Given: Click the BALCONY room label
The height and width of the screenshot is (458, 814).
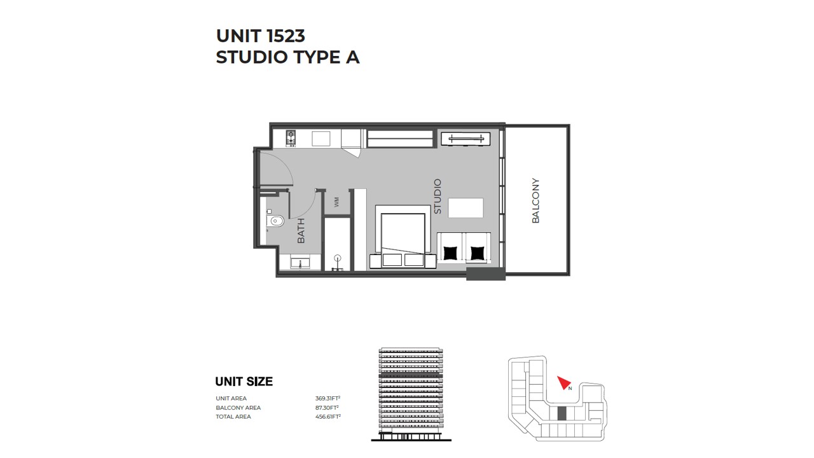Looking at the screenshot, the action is (x=535, y=200).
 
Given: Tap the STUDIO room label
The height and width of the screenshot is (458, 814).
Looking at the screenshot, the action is (x=438, y=197).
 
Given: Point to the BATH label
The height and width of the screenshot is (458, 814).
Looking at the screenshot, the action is (x=301, y=231).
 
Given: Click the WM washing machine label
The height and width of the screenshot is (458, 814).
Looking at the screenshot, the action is (x=336, y=202).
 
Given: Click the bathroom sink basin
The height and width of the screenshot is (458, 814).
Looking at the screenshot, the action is (x=300, y=261).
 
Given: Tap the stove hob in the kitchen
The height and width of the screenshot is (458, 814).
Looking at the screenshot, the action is (x=291, y=139).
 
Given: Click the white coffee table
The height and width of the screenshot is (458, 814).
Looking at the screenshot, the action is (x=466, y=208).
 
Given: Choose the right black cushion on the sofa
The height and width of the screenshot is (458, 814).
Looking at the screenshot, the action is (x=478, y=253).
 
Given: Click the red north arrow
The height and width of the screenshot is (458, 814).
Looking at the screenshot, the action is (x=564, y=382).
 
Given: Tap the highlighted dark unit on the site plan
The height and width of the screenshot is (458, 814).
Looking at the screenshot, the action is (x=562, y=413).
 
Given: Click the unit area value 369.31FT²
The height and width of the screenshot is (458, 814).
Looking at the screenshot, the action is (x=328, y=398).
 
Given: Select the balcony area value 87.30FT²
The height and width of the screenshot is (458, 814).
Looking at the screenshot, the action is (x=327, y=408).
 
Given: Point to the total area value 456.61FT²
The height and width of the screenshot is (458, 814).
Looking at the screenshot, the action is (x=328, y=417).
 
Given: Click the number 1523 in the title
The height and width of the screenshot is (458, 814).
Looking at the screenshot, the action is (x=286, y=36).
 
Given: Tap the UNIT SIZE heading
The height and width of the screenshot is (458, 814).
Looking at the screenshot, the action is (x=244, y=381).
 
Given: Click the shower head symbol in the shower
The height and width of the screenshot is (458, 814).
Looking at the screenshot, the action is (x=338, y=258).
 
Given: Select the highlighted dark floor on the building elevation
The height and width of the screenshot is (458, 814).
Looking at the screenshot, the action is (x=411, y=376).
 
